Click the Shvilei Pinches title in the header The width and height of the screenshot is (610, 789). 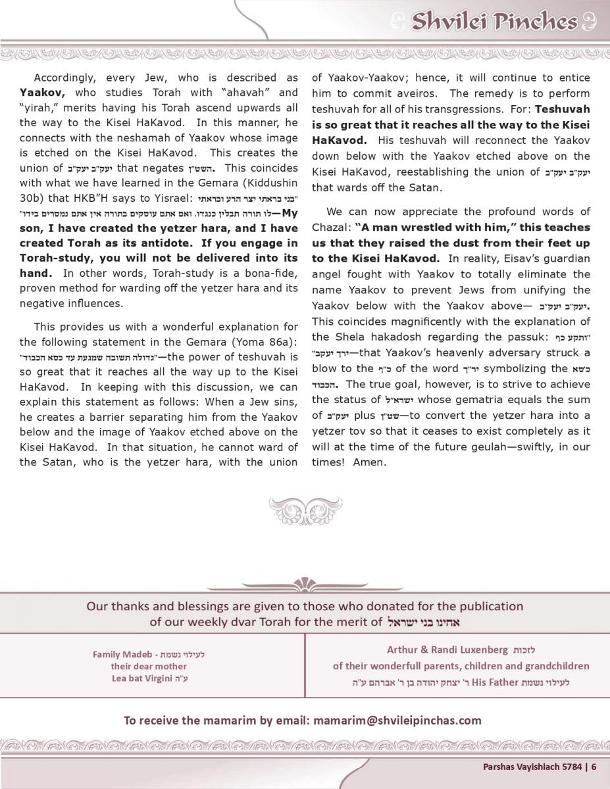494,22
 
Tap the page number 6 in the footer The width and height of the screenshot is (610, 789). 593,765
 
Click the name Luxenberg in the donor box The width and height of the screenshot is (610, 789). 475,650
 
